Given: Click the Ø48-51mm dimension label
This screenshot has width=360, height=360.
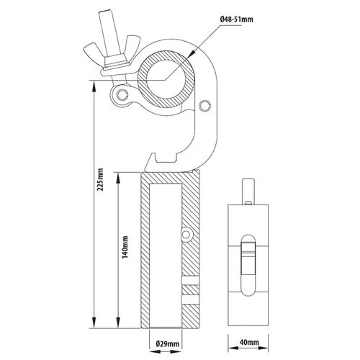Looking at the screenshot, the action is [236, 19].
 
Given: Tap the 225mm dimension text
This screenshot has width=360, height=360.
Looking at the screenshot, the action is [100, 179].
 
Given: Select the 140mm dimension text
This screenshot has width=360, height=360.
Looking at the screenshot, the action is [125, 247].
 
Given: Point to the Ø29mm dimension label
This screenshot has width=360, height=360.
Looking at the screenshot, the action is [167, 343].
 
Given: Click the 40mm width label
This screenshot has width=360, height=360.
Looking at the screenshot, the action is [249, 342].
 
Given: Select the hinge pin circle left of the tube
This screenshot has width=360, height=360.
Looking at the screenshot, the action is [121, 94].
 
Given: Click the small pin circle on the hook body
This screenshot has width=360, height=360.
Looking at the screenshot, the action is [205, 106].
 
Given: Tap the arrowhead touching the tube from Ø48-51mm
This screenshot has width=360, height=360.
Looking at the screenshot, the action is [191, 54].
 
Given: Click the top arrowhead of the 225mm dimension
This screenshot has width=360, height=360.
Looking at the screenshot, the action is [94, 86].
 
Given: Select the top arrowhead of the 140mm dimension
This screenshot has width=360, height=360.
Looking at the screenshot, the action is [118, 178].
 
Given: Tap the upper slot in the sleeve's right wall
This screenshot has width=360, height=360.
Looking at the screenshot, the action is [191, 281].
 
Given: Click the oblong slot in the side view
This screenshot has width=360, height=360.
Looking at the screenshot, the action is [248, 265].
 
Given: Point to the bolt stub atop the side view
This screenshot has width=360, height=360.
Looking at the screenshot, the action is [248, 192].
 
